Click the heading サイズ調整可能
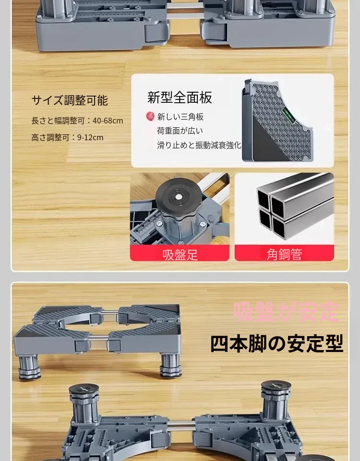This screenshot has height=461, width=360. click(x=70, y=100)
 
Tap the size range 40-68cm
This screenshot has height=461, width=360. click(x=108, y=121)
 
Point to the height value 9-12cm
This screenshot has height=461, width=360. click(x=90, y=137)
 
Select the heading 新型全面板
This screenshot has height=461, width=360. click(x=180, y=97)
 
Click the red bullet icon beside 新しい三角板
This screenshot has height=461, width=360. click(x=150, y=116)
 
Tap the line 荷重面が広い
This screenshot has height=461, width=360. click(x=180, y=131)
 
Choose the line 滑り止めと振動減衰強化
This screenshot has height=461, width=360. click(x=199, y=145)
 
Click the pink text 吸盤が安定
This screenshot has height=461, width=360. click(x=286, y=312)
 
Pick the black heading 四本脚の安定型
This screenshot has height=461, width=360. click(x=277, y=343)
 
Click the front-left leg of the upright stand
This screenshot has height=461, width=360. click(x=29, y=367)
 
